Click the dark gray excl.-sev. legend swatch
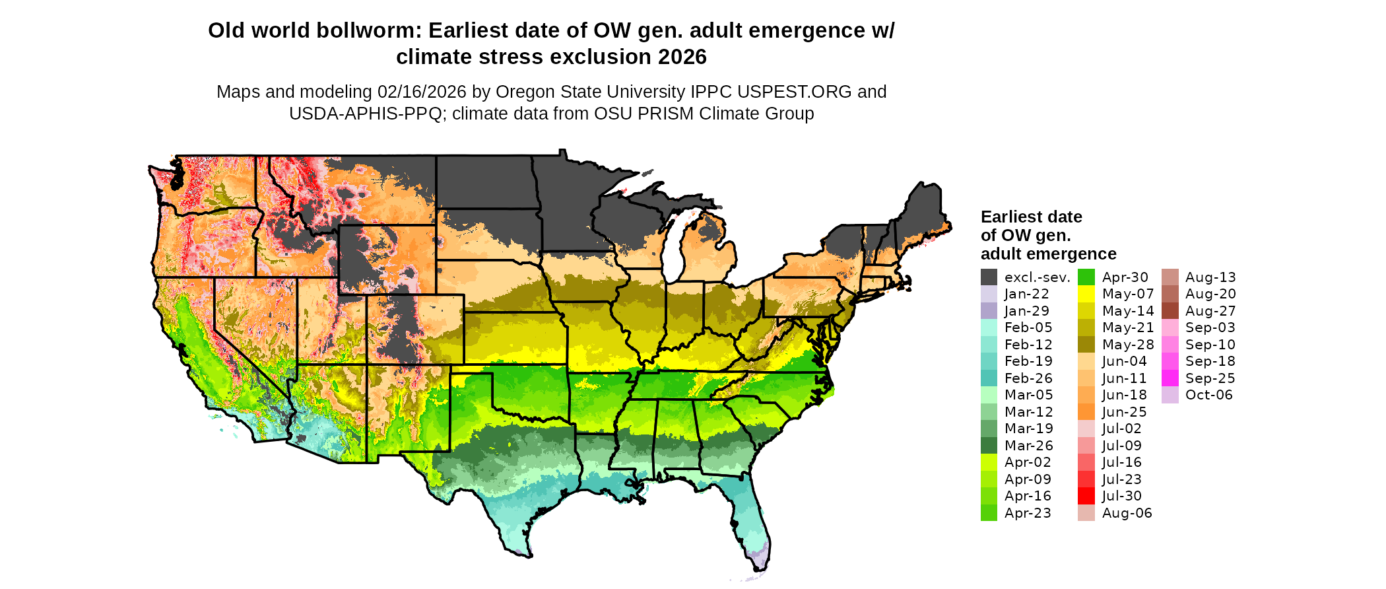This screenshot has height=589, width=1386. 989,277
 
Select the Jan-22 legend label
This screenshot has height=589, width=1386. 1026,294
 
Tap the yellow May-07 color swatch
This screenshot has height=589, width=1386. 1086,294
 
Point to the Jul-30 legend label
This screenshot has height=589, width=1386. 1121,496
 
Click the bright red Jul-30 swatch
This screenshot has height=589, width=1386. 1086,496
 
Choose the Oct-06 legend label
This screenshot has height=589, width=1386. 1208,395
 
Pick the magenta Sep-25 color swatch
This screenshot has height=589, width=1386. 1170,378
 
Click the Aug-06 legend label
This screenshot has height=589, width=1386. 1127,513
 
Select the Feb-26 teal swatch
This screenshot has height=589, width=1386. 989,378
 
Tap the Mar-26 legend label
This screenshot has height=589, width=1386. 1028,446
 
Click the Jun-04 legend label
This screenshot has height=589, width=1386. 1124,361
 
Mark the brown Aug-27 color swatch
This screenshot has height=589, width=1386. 1170,311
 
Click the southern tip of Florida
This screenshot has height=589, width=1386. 759,567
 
